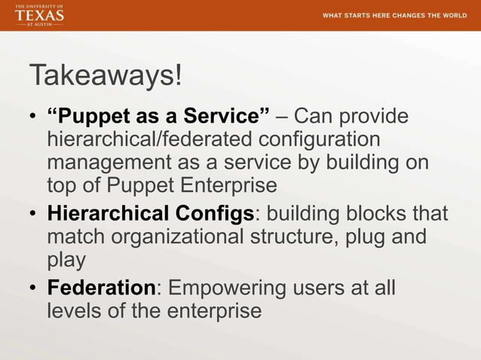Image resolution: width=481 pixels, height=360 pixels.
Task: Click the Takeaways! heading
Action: [x=105, y=76]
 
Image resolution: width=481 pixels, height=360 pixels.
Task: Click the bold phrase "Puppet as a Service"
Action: [x=158, y=117]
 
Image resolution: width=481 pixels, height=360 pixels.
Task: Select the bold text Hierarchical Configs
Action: [x=150, y=213]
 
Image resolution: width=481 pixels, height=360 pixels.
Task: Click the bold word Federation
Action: [x=101, y=288]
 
